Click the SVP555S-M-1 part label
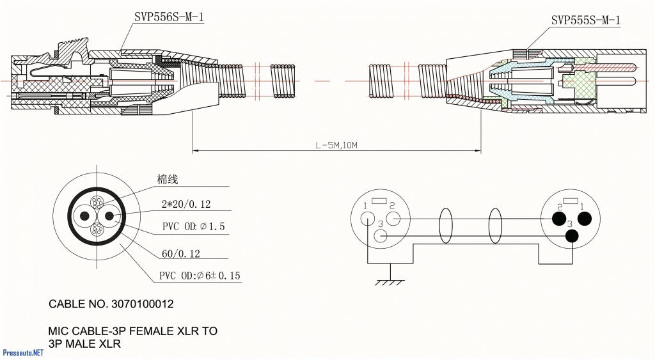click(585, 20)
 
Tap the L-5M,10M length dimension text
click(336, 145)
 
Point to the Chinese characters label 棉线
click(168, 180)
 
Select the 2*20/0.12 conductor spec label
click(186, 205)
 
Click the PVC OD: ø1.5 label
click(193, 227)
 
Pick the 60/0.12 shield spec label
click(180, 254)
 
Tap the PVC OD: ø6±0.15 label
click(200, 276)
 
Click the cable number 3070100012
click(143, 304)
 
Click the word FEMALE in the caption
click(146, 331)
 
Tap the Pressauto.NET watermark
click(23, 352)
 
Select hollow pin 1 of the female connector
click(368, 218)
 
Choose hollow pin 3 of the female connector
click(381, 236)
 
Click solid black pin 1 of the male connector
click(584, 219)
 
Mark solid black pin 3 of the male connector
click(571, 236)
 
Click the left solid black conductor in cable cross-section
click(84, 216)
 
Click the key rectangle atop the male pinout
click(571, 201)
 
